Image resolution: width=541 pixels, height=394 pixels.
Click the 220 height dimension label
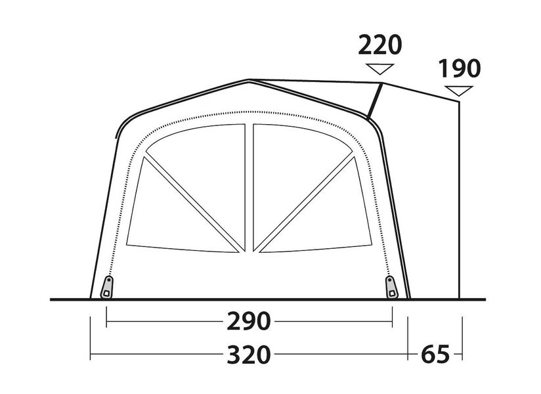click(x=380, y=45)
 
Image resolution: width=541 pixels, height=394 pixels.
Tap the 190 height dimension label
click(x=459, y=68)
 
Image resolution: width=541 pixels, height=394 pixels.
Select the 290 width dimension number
click(x=248, y=321)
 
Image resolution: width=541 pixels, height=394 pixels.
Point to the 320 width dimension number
click(x=248, y=355)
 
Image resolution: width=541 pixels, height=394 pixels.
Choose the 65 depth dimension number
click(x=435, y=355)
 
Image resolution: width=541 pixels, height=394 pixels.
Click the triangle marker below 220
click(x=380, y=68)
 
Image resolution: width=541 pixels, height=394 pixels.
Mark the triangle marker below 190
click(x=458, y=90)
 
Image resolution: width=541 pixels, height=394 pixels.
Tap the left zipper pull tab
click(x=107, y=287)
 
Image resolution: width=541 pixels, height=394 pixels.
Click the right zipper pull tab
click(x=391, y=287)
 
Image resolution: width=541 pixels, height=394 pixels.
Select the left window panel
click(x=186, y=188)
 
